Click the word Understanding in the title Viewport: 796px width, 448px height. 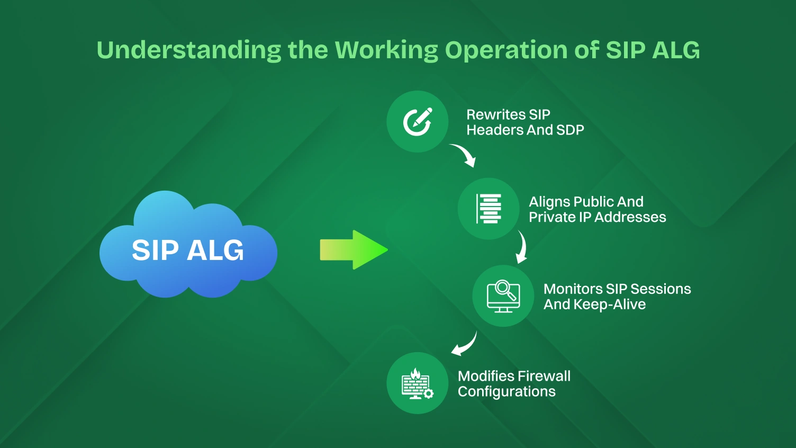[x=188, y=50]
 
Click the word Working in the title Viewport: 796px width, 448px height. [x=386, y=50]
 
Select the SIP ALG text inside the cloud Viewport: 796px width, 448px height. [x=188, y=250]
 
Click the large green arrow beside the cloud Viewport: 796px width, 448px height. [x=354, y=250]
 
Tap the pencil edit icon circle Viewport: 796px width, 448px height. [x=418, y=122]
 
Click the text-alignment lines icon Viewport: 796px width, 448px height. [x=489, y=209]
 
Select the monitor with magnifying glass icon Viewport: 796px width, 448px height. [x=503, y=296]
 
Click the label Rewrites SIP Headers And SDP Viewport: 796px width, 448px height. [x=524, y=122]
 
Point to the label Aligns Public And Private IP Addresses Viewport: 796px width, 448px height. [x=596, y=209]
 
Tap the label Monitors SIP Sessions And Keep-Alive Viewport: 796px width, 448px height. [x=617, y=297]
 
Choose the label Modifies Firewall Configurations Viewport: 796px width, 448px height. [x=513, y=384]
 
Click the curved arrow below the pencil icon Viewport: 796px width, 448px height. [x=464, y=155]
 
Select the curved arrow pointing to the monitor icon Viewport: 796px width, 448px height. [x=522, y=247]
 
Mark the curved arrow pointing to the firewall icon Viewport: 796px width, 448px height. [x=464, y=345]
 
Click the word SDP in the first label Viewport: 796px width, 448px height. [x=570, y=130]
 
